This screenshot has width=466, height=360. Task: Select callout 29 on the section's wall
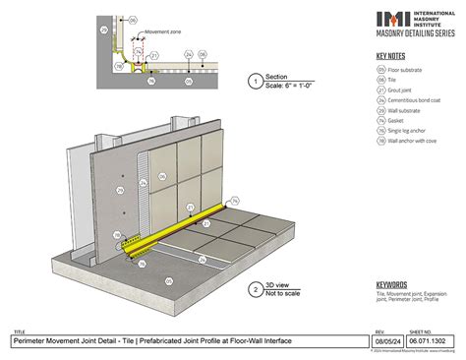click(104, 30)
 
